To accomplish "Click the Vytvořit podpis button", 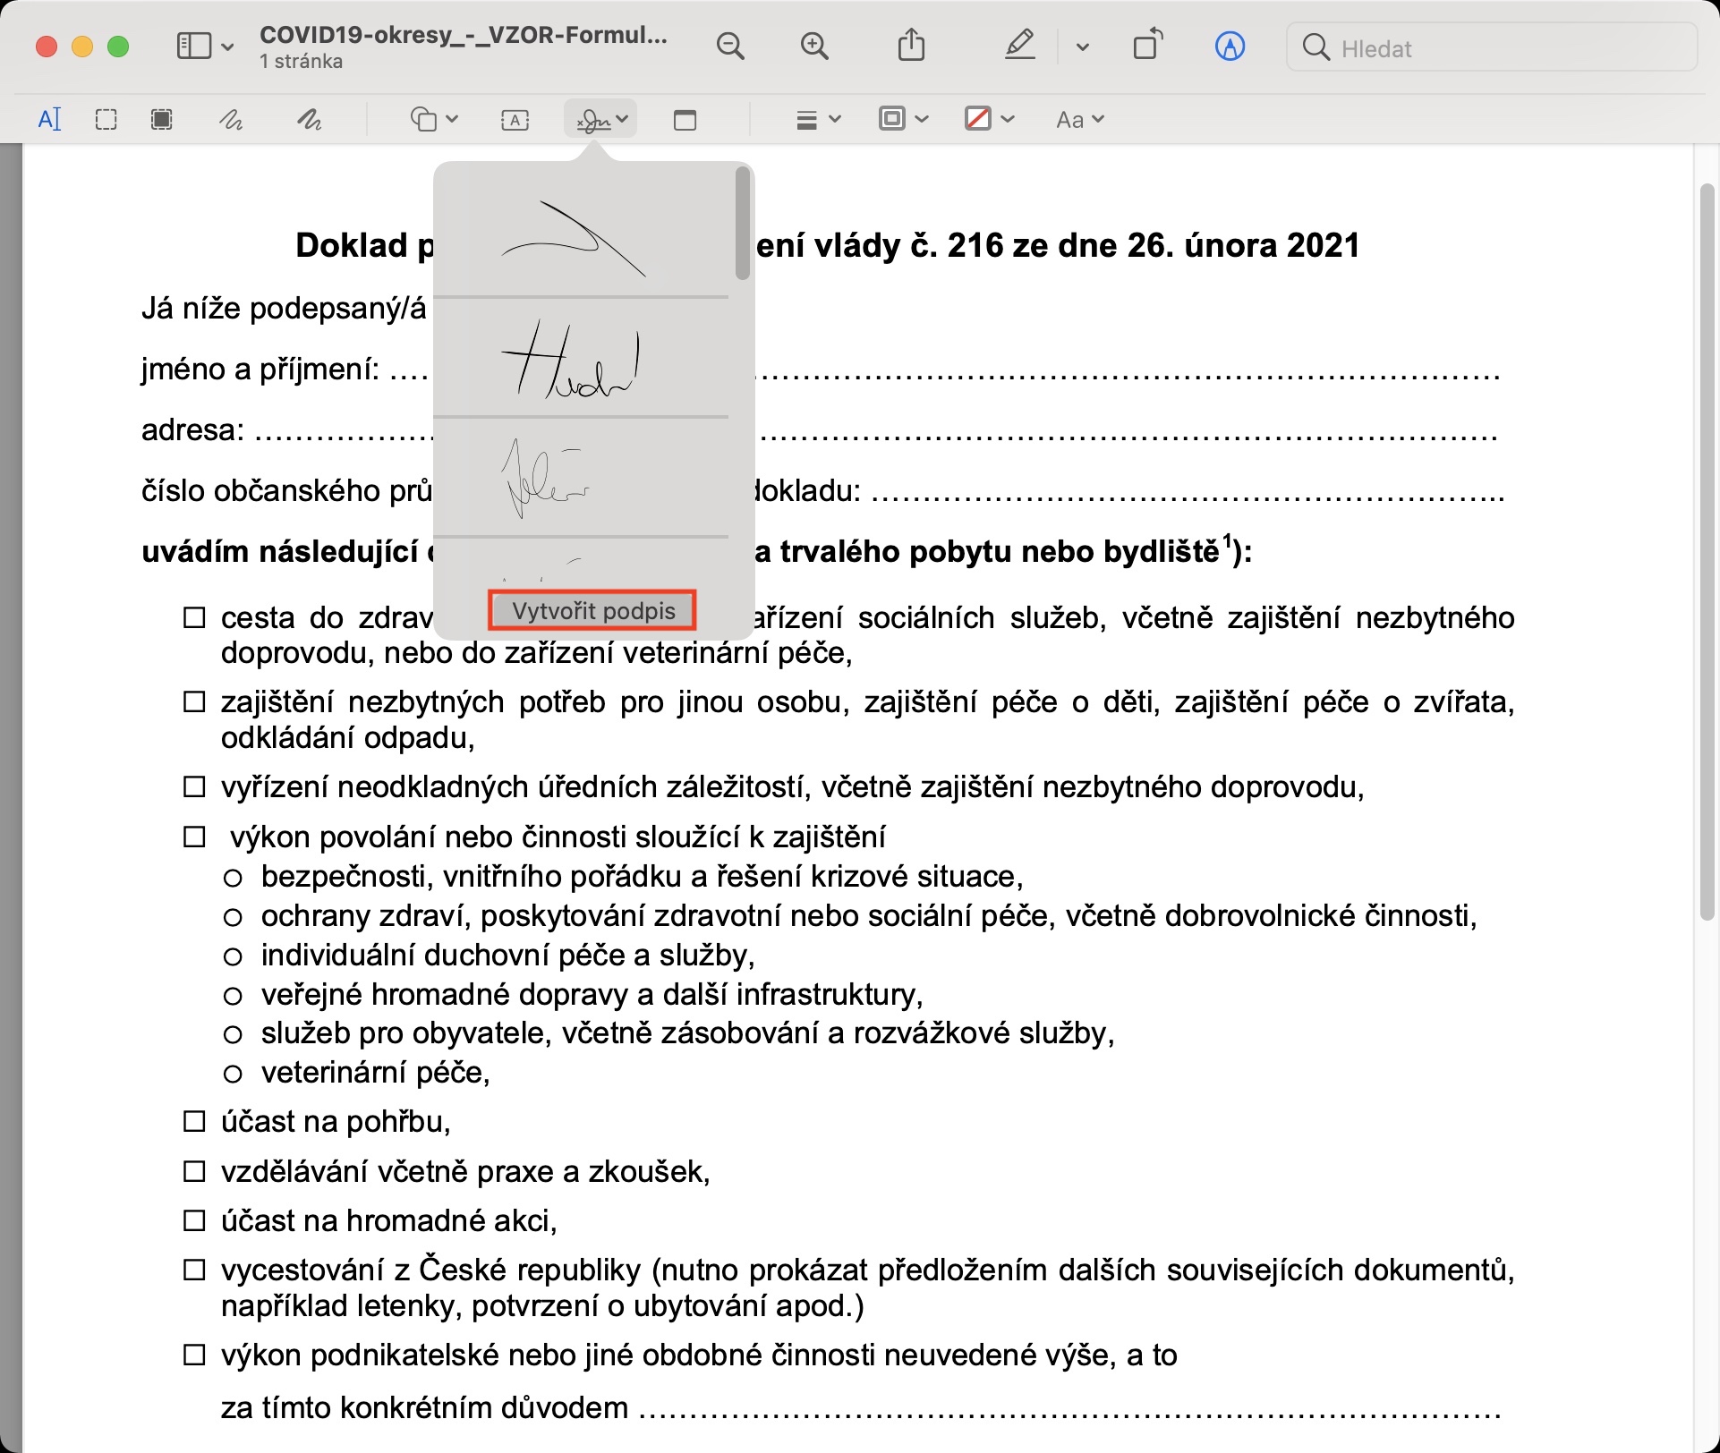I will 592,611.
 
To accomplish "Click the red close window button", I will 47,47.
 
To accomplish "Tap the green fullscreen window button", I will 118,47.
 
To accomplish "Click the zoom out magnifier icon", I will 730,47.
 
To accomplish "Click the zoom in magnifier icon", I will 814,47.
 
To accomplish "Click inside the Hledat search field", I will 1503,48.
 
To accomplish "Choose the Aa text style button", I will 1079,119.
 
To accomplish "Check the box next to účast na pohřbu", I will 194,1122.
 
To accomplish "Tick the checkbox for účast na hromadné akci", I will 194,1221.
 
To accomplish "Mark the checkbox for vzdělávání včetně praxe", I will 194,1172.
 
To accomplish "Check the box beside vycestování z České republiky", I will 194,1270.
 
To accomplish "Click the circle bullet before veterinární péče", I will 233,1074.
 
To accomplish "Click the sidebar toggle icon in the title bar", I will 193,47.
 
